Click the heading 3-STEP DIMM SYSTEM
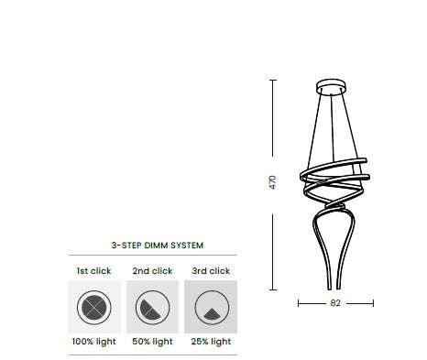click(157, 245)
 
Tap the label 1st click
click(94, 271)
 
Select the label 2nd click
click(152, 271)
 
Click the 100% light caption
click(94, 342)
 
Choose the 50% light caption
click(152, 342)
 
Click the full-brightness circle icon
click(94, 306)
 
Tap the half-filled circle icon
click(152, 306)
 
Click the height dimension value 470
click(272, 181)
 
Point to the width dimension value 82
click(336, 302)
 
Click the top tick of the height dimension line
click(272, 80)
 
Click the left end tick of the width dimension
click(300, 302)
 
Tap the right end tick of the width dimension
click(374, 302)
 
